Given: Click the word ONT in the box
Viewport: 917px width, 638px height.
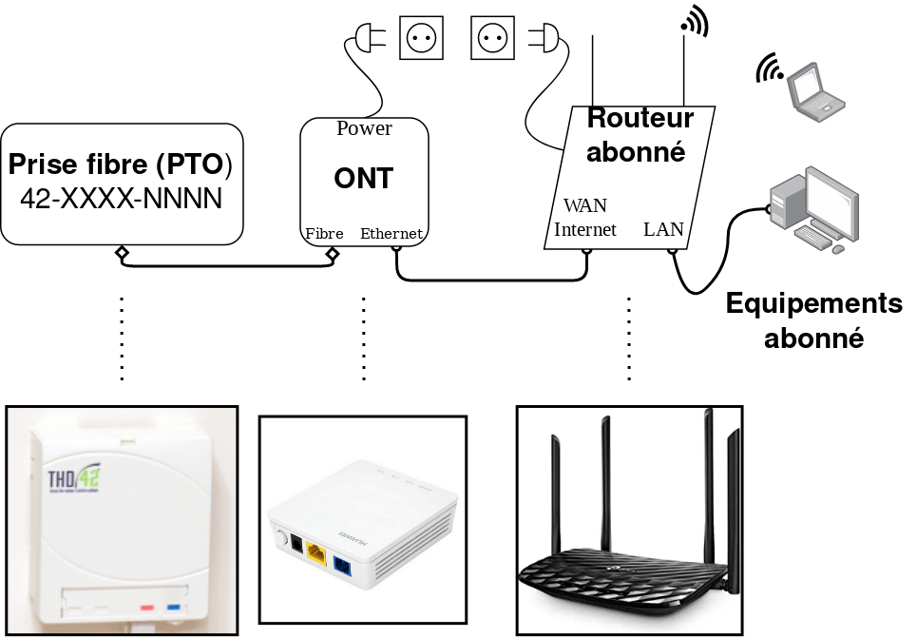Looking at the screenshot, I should coord(364,179).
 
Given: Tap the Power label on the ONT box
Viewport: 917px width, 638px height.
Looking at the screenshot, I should coord(364,128).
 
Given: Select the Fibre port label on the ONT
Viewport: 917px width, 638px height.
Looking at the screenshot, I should coord(324,234).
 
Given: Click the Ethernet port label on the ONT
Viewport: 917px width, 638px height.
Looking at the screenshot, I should coord(392,234).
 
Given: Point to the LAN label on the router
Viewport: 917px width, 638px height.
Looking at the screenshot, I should coord(663,229).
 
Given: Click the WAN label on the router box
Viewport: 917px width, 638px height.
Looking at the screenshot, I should coord(584,205).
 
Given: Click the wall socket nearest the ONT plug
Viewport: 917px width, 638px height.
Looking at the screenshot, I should coord(421,39).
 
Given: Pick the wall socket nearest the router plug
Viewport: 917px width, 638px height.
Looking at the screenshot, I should coord(493,39).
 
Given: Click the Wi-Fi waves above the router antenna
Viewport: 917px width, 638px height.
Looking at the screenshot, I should coord(696,21).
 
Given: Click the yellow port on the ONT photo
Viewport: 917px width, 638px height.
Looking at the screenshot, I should coord(316,557).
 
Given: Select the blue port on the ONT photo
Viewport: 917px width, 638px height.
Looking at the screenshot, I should coord(341,569).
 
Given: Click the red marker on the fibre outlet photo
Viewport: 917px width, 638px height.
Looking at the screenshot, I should coord(146,606).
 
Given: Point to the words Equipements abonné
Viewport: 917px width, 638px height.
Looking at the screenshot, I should coord(813,320).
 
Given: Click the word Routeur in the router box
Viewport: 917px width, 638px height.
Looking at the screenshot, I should coord(640,118).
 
